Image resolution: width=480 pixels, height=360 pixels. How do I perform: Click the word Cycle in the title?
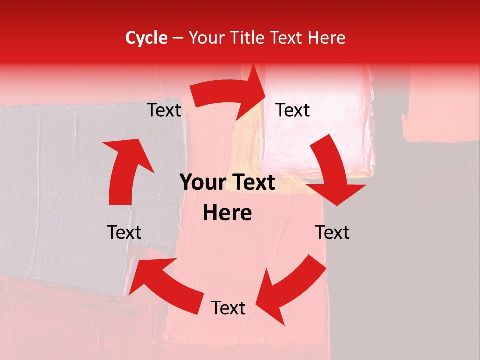pyautogui.click(x=146, y=38)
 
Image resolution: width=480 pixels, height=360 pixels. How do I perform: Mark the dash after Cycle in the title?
pyautogui.click(x=178, y=38)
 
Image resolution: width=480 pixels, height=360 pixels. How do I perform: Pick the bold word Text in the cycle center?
pyautogui.click(x=253, y=183)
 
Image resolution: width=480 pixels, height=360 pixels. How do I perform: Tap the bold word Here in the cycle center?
pyautogui.click(x=227, y=213)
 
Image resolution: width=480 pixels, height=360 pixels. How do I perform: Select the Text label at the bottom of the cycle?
pyautogui.click(x=228, y=308)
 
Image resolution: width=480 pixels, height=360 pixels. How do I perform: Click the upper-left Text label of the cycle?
pyautogui.click(x=164, y=110)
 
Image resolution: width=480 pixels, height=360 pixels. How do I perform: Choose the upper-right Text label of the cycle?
pyautogui.click(x=293, y=110)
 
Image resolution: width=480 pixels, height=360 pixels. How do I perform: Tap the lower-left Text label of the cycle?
pyautogui.click(x=124, y=232)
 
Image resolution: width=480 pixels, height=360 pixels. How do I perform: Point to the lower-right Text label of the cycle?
pyautogui.click(x=332, y=232)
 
